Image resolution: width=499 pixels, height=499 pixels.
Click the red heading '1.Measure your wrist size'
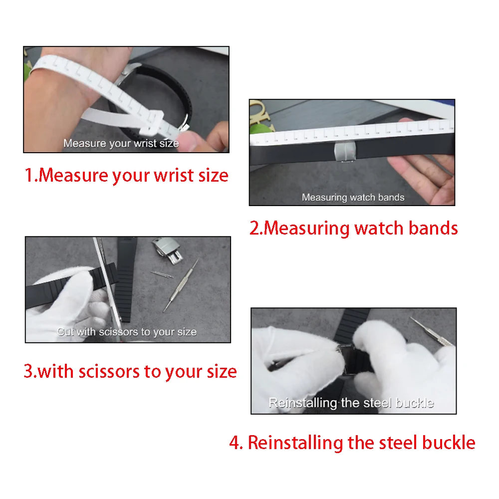tap(127, 176)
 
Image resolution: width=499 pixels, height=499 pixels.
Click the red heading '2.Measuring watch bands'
tap(353, 228)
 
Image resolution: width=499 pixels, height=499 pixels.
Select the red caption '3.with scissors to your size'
tap(130, 372)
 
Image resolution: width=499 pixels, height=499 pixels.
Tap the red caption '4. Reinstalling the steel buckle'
tap(352, 443)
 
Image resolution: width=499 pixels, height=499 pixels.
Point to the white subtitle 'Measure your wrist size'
tap(121, 144)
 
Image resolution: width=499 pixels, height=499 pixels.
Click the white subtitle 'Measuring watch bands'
tap(353, 198)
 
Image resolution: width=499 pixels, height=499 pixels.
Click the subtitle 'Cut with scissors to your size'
tap(127, 332)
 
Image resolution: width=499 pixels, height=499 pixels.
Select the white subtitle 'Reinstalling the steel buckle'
tap(351, 403)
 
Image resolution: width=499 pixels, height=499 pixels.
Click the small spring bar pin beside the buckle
tap(162, 274)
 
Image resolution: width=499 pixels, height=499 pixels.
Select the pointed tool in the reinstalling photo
tap(432, 331)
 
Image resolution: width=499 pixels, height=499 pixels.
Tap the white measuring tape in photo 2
tap(349, 133)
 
